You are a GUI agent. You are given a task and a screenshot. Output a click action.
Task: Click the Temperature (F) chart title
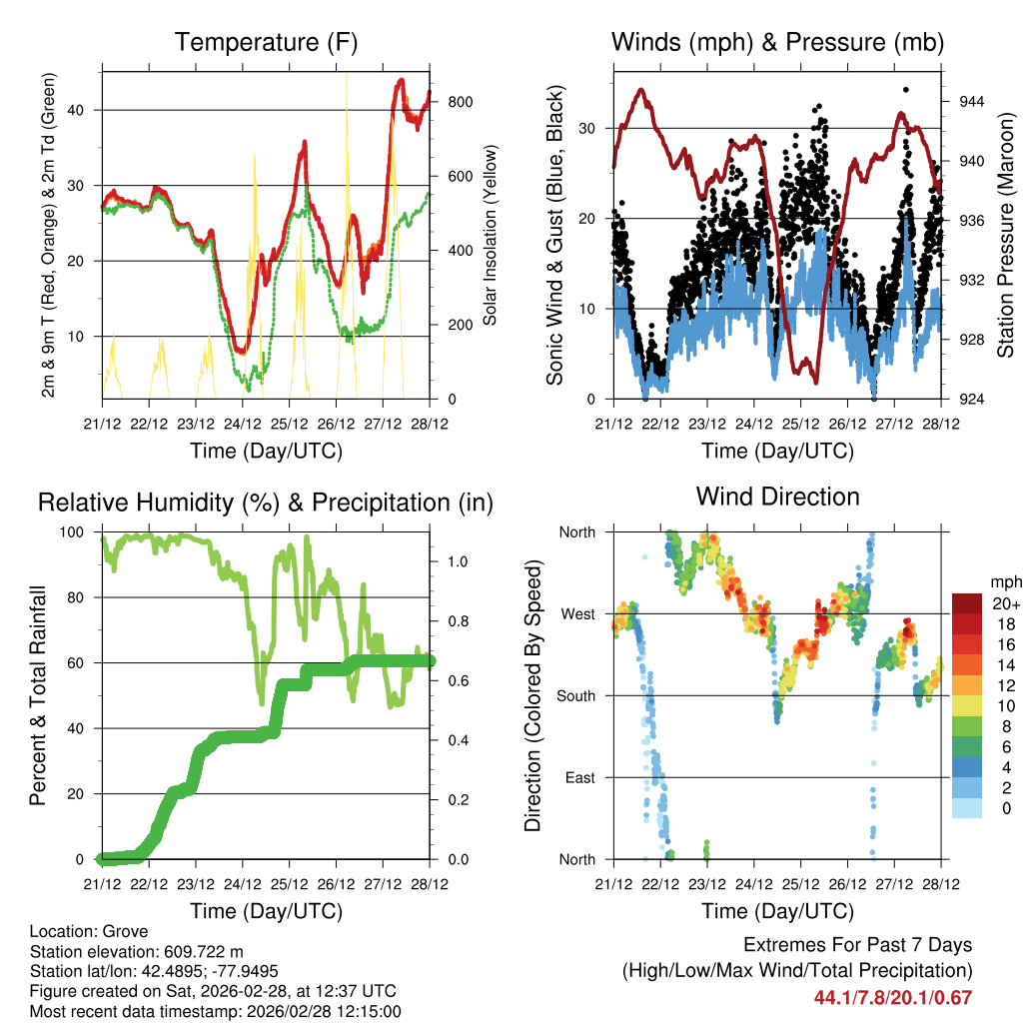(266, 43)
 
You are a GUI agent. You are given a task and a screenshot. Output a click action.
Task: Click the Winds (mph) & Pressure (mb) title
(777, 43)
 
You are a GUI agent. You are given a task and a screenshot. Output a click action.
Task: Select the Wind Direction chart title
(777, 497)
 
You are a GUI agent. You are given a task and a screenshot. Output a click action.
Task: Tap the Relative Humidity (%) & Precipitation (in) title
(266, 503)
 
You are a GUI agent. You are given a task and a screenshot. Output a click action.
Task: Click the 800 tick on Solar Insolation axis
(461, 102)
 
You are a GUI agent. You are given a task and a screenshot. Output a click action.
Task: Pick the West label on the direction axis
(576, 613)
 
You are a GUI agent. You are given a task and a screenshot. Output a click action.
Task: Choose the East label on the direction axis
(578, 777)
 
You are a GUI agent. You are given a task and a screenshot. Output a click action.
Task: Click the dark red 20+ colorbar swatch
(966, 603)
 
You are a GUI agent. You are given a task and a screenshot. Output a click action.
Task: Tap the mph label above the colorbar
(1004, 581)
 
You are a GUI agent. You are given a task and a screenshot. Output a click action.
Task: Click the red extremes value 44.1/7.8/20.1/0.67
(893, 997)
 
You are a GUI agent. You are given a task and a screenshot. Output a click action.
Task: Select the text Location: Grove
(89, 931)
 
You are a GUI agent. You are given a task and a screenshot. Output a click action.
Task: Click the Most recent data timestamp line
(216, 1011)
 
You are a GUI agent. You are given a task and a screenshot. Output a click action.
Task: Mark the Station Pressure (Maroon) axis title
(1005, 236)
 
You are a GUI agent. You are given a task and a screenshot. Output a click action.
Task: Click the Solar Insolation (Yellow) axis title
(491, 236)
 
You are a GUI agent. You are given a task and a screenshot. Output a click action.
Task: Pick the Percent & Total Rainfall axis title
(36, 696)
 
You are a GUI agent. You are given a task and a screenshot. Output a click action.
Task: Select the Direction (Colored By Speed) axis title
(532, 696)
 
